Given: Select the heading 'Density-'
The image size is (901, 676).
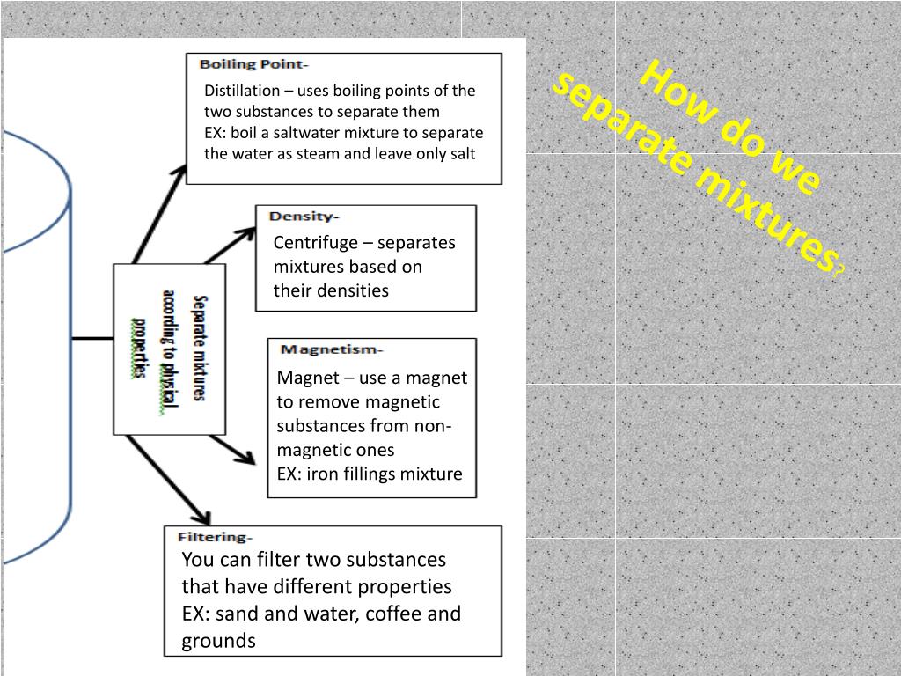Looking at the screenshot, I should pyautogui.click(x=304, y=217).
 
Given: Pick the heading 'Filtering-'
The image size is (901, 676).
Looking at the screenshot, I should pyautogui.click(x=215, y=537).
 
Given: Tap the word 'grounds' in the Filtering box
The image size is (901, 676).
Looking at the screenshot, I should pyautogui.click(x=218, y=641).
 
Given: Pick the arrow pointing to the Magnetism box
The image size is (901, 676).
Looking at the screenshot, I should pyautogui.click(x=234, y=451).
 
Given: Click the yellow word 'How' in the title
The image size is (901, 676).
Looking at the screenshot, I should pyautogui.click(x=670, y=89).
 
